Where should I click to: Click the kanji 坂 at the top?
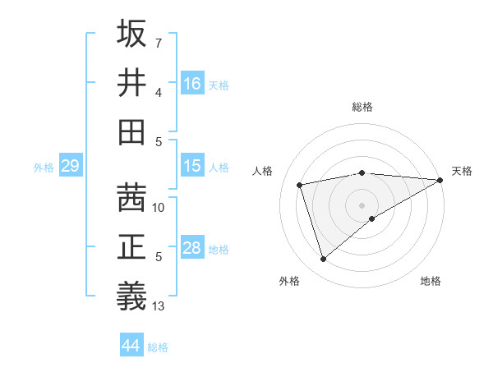coord(132,34)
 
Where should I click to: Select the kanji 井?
coord(132,82)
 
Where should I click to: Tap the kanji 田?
coord(132,131)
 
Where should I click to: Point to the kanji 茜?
coord(132,198)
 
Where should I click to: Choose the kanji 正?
coord(132,247)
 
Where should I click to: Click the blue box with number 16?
coord(192,83)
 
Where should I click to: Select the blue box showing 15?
coord(192,166)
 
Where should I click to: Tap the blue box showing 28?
coord(192,248)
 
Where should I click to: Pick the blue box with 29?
coord(70,166)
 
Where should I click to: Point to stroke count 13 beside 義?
coord(159,306)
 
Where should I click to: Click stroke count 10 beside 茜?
coord(159,208)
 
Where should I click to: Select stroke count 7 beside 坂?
coord(158,43)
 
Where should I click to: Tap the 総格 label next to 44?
coord(158,347)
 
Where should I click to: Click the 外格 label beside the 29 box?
coord(44,168)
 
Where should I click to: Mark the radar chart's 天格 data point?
coord(440,180)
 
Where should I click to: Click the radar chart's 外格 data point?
coord(323,260)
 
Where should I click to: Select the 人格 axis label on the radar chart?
coord(263,171)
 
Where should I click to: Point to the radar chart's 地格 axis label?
coord(431,281)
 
